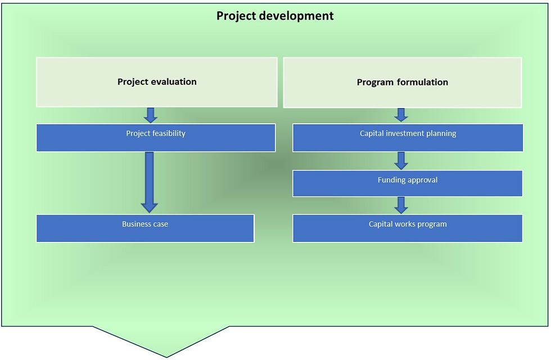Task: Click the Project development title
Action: [x=275, y=16]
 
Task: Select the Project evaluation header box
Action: [x=157, y=82]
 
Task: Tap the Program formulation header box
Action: [x=402, y=83]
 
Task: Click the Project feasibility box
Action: [x=156, y=138]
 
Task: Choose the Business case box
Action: [x=145, y=228]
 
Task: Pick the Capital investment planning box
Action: [x=408, y=138]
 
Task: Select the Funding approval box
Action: [x=407, y=183]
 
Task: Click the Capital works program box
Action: [x=407, y=228]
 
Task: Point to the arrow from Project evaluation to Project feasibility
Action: [x=150, y=115]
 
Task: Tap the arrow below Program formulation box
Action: [x=400, y=115]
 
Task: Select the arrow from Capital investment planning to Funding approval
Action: [x=400, y=161]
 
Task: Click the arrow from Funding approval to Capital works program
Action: [x=400, y=205]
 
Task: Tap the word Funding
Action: [x=392, y=180]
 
